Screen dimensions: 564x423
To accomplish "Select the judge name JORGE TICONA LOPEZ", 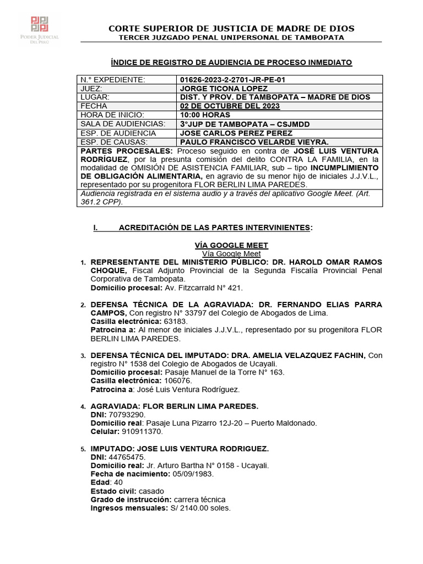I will coord(224,89).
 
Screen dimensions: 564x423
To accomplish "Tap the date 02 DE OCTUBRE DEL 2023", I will coord(230,106).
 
